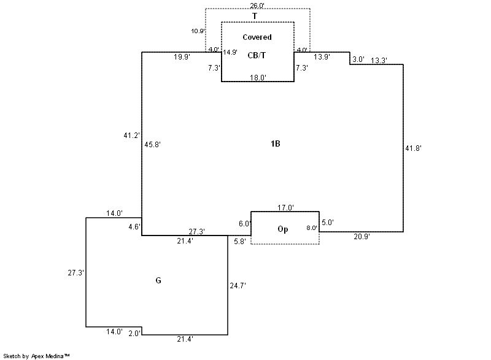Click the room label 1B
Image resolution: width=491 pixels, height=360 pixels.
click(x=275, y=144)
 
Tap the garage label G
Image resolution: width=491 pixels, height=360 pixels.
click(x=158, y=281)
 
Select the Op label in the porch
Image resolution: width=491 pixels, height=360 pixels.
click(x=283, y=230)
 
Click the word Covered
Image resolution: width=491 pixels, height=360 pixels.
click(x=257, y=37)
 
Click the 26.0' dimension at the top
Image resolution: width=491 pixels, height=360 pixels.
click(x=257, y=6)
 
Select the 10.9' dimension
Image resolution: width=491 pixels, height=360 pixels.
click(x=197, y=31)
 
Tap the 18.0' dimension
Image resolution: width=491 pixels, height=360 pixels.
click(x=257, y=78)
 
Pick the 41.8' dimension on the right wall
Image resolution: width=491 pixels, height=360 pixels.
click(x=413, y=148)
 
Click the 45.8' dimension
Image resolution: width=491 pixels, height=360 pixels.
click(x=152, y=145)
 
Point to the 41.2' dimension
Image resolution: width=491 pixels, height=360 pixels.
click(x=131, y=135)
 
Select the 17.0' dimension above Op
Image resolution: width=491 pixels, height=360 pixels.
click(x=285, y=208)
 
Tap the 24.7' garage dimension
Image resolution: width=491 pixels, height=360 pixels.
click(x=238, y=285)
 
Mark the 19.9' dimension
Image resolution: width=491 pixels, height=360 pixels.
click(x=182, y=57)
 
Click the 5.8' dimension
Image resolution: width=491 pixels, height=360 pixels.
click(x=240, y=241)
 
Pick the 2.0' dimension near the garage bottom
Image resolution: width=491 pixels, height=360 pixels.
click(x=135, y=333)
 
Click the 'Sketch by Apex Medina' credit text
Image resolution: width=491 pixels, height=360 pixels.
click(x=36, y=356)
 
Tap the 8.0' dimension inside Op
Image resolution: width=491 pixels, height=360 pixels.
click(x=312, y=228)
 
